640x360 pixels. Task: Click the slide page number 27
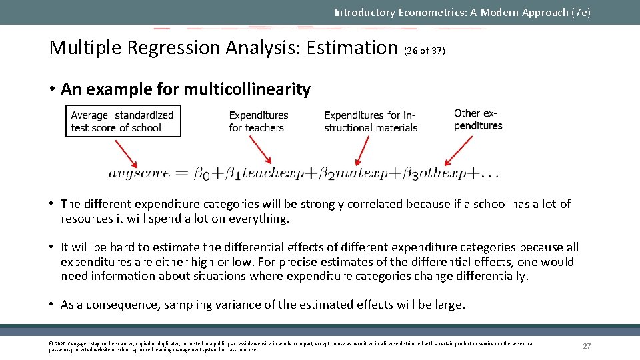pyautogui.click(x=587, y=346)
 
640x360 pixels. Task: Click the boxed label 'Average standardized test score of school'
pyautogui.click(x=123, y=121)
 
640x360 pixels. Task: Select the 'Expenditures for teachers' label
pyautogui.click(x=258, y=121)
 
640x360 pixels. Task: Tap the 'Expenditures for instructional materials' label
pyautogui.click(x=371, y=121)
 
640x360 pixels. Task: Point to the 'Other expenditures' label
pyautogui.click(x=478, y=119)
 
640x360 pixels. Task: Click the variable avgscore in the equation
pyautogui.click(x=139, y=173)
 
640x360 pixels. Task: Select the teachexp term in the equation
pyautogui.click(x=272, y=173)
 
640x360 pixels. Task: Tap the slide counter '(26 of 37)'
pyautogui.click(x=425, y=51)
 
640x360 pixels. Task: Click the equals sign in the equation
pyautogui.click(x=182, y=174)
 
